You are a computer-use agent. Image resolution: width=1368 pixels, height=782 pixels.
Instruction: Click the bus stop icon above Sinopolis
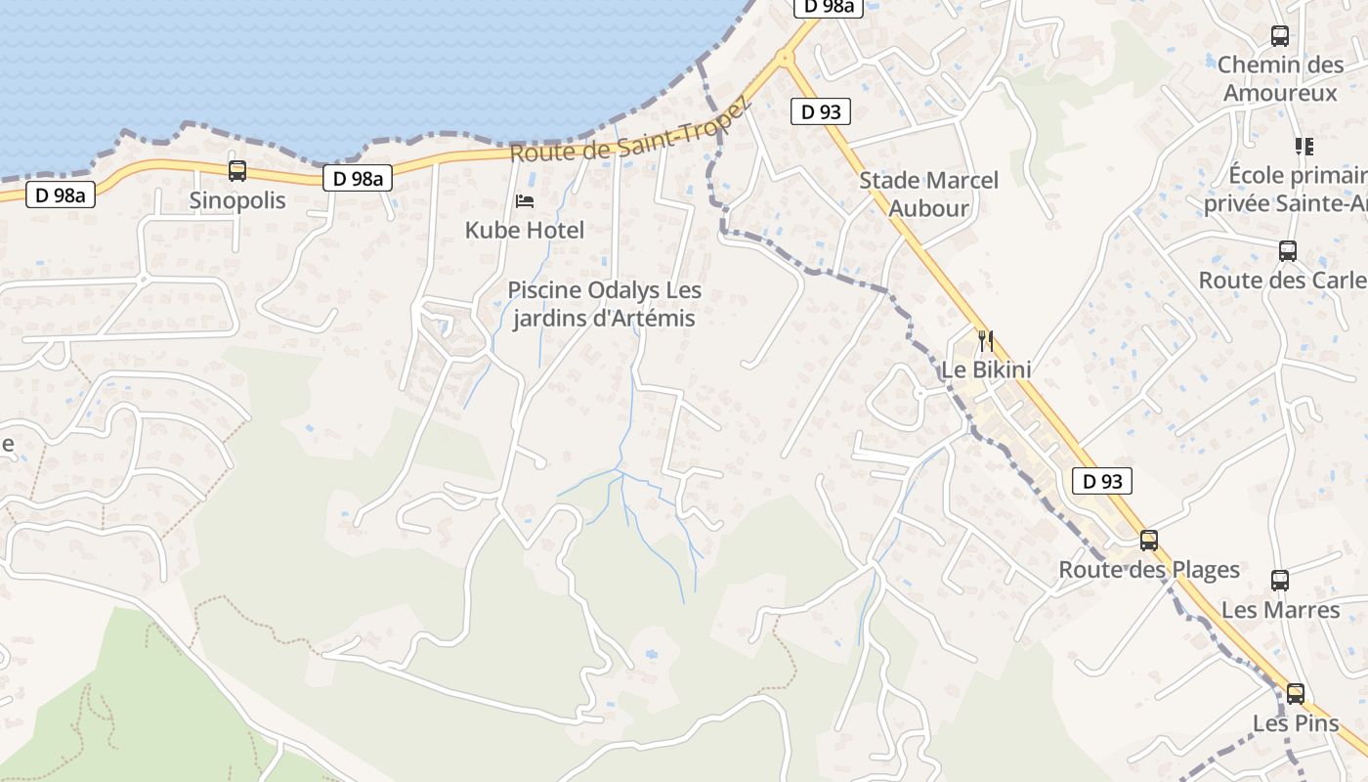pyautogui.click(x=237, y=171)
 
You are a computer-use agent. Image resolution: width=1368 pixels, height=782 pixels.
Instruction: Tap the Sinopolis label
pyautogui.click(x=237, y=200)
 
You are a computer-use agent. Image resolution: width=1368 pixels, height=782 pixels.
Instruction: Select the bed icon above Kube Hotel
pyautogui.click(x=525, y=201)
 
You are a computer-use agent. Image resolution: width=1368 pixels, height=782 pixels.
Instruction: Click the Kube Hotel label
pyautogui.click(x=525, y=231)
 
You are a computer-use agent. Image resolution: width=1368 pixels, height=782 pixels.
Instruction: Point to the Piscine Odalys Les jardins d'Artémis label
pyautogui.click(x=604, y=304)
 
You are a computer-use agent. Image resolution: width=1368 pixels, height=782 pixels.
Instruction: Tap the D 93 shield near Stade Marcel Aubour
pyautogui.click(x=821, y=111)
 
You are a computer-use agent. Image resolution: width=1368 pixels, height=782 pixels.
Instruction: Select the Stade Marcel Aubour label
pyautogui.click(x=928, y=194)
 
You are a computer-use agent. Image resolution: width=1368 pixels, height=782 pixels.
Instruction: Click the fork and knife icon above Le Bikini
pyautogui.click(x=986, y=341)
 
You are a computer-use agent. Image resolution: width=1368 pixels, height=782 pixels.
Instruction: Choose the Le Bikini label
pyautogui.click(x=986, y=370)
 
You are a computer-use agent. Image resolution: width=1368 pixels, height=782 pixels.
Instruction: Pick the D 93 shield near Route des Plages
pyautogui.click(x=1102, y=481)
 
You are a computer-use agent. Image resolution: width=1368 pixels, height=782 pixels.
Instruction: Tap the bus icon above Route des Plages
pyautogui.click(x=1149, y=540)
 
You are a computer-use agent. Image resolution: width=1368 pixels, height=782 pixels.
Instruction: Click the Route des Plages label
pyautogui.click(x=1149, y=570)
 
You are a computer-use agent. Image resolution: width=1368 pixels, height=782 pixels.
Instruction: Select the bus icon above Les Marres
pyautogui.click(x=1280, y=580)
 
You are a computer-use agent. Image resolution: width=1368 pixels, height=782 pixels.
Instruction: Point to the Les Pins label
pyautogui.click(x=1296, y=723)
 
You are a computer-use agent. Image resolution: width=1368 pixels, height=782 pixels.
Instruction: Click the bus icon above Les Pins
pyautogui.click(x=1296, y=694)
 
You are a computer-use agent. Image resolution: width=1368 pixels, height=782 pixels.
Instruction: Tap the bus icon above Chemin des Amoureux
pyautogui.click(x=1280, y=36)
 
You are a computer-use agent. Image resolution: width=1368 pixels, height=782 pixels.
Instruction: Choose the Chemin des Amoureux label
pyautogui.click(x=1280, y=79)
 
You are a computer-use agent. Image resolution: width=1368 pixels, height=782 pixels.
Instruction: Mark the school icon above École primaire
pyautogui.click(x=1304, y=147)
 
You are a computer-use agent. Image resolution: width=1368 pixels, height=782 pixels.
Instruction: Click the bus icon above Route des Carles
pyautogui.click(x=1288, y=250)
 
